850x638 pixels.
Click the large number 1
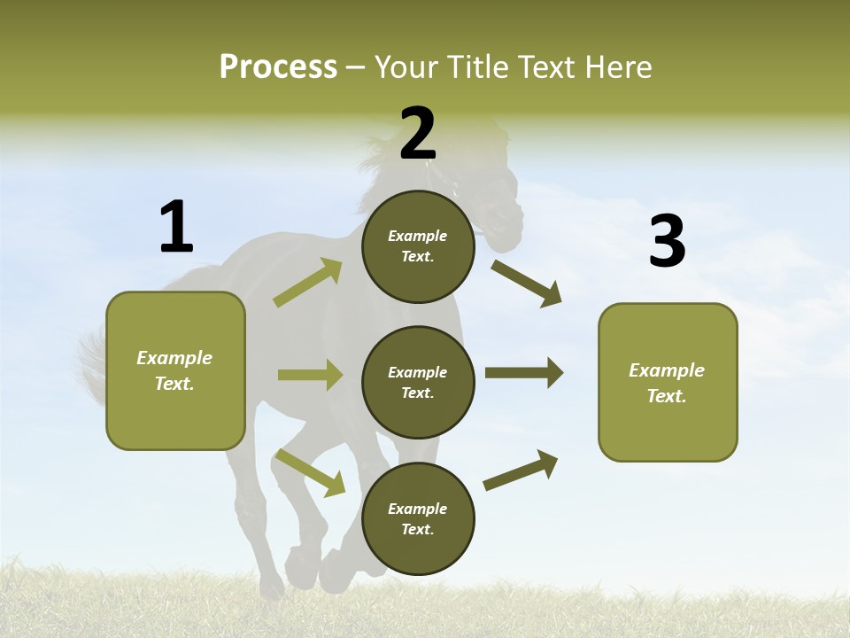click(176, 227)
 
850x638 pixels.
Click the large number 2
click(417, 134)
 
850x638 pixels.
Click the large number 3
click(667, 242)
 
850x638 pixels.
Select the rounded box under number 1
click(175, 370)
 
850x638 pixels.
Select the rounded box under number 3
click(668, 382)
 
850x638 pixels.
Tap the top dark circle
click(418, 246)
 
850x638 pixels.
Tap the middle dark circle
click(418, 382)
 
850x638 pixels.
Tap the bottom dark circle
click(418, 518)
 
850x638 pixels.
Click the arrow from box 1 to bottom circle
click(310, 472)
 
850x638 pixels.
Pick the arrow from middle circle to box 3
click(523, 373)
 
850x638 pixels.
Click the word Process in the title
click(278, 67)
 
